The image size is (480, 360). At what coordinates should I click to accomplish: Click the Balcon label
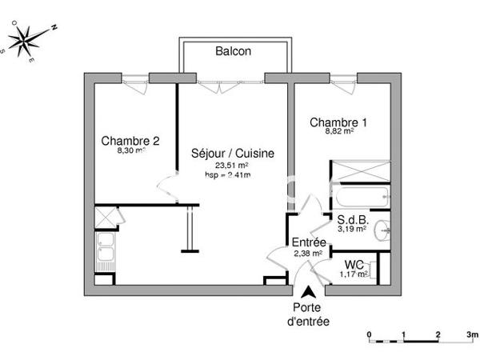point(233,51)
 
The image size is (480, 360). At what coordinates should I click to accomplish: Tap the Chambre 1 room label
point(338,122)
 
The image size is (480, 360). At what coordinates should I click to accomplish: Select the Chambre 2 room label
point(130,141)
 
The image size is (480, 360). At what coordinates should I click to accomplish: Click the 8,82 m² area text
point(339,133)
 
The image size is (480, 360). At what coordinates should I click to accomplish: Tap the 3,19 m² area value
point(352,228)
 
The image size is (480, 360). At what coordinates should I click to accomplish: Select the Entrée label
point(308,242)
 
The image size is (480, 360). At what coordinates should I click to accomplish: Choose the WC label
point(354,265)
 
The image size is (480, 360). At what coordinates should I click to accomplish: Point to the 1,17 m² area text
point(354,274)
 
